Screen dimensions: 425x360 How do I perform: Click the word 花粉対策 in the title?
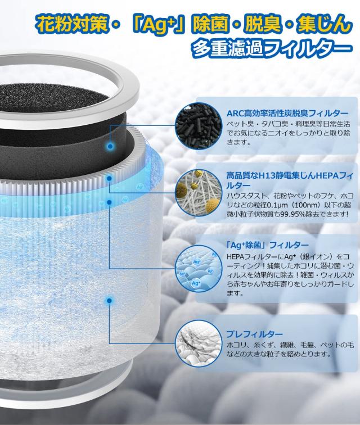tap(66, 24)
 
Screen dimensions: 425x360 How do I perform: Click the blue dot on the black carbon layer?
tap(110, 146)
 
